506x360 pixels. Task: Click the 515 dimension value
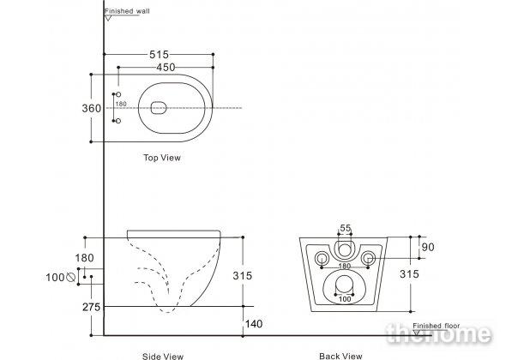pyautogui.click(x=159, y=55)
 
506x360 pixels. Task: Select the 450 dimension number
pyautogui.click(x=166, y=68)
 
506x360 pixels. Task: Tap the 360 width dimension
pyautogui.click(x=91, y=108)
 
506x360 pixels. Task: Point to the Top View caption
pyautogui.click(x=162, y=158)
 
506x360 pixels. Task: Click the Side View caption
pyautogui.click(x=163, y=356)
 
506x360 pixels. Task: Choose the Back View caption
pyautogui.click(x=340, y=356)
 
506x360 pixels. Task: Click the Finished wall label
pyautogui.click(x=127, y=11)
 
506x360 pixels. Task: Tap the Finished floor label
pyautogui.click(x=436, y=326)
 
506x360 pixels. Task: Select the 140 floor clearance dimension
pyautogui.click(x=254, y=324)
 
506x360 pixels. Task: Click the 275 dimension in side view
pyautogui.click(x=91, y=307)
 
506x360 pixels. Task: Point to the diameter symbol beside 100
pyautogui.click(x=70, y=277)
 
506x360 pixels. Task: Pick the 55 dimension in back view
pyautogui.click(x=345, y=228)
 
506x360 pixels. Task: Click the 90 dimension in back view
pyautogui.click(x=428, y=248)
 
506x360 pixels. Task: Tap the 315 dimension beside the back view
pyautogui.click(x=409, y=274)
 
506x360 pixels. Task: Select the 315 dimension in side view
pyautogui.click(x=243, y=276)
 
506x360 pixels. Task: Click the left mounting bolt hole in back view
pyautogui.click(x=322, y=258)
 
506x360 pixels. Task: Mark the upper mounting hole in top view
pyautogui.click(x=118, y=94)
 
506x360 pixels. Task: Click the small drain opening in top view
pyautogui.click(x=159, y=108)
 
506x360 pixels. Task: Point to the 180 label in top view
pyautogui.click(x=121, y=104)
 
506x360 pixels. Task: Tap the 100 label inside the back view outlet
pyautogui.click(x=345, y=299)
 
